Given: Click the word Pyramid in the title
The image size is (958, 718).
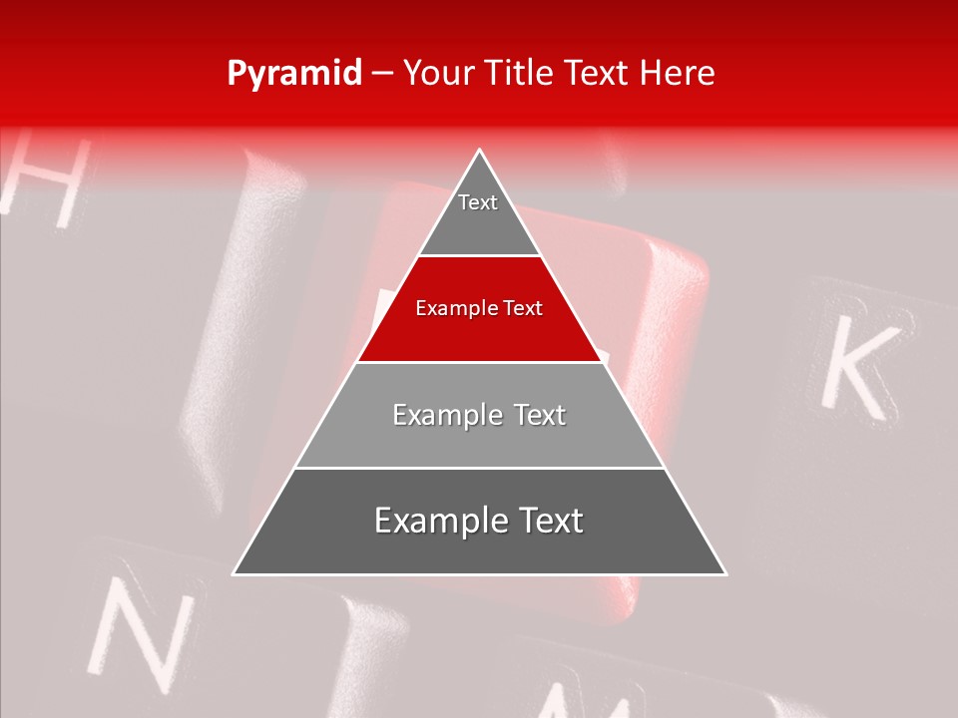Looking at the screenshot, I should [x=294, y=74].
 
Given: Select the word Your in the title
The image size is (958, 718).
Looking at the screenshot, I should [x=438, y=73].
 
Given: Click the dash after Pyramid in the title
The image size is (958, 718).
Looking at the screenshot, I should [x=382, y=74].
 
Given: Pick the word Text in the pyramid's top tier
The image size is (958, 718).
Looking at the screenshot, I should [x=478, y=202].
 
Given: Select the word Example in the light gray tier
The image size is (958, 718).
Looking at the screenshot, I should [x=446, y=415].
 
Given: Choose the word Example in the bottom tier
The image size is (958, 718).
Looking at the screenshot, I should [x=437, y=521].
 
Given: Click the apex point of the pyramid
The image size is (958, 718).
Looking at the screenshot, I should [x=480, y=150].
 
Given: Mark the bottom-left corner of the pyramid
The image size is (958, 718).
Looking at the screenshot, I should [x=234, y=574].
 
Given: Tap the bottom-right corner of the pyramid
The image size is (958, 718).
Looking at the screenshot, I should [x=725, y=574].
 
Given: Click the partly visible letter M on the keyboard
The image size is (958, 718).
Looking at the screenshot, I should [x=579, y=704].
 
